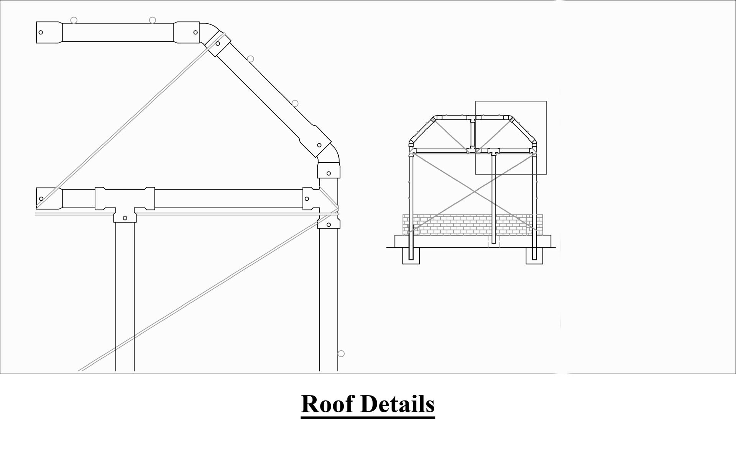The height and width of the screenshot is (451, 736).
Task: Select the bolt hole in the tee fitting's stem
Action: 125,218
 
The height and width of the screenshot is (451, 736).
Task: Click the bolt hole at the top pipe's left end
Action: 41,32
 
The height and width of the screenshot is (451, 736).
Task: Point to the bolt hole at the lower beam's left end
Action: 41,199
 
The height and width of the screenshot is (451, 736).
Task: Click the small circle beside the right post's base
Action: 341,354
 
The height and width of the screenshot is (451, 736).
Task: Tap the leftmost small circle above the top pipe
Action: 74,20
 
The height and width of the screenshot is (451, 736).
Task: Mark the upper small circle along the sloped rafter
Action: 250,59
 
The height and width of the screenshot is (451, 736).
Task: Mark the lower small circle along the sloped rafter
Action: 295,103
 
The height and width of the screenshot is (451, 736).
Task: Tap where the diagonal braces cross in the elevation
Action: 475,191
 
